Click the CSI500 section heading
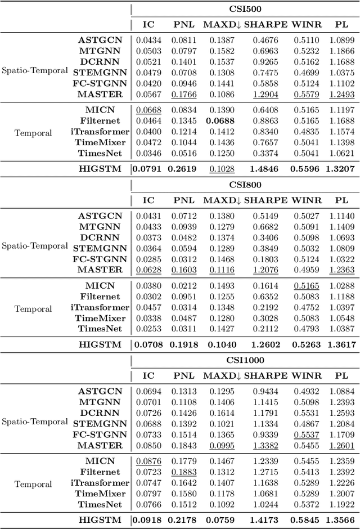point(245,10)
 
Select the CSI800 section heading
point(245,185)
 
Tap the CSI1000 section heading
point(245,360)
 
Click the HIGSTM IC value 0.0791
point(148,168)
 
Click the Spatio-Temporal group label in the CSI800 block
point(34,246)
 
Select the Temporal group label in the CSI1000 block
point(33,483)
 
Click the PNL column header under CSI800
point(183,200)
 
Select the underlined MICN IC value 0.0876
point(148,461)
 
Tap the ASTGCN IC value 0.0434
point(148,41)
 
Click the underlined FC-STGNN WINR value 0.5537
point(307,434)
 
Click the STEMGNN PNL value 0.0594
point(183,249)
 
